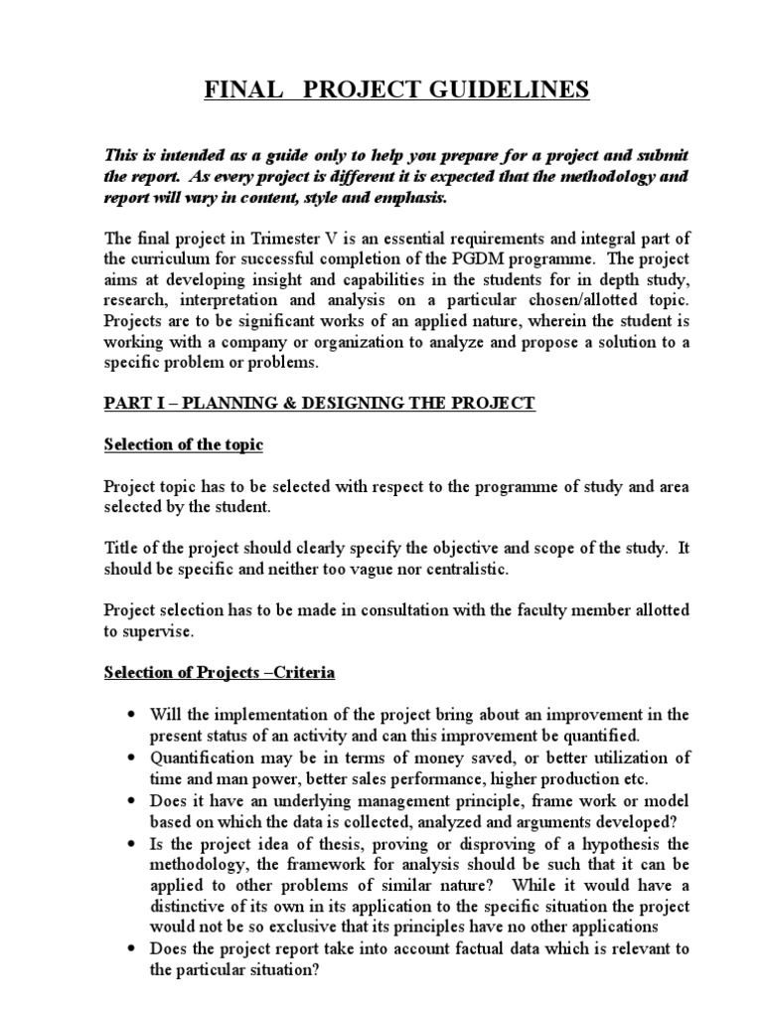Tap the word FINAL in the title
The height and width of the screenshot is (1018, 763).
point(238,91)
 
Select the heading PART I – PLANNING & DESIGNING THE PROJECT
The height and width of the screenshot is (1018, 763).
point(320,403)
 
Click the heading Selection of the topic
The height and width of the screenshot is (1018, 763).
point(184,444)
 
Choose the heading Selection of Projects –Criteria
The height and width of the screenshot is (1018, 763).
point(220,673)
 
